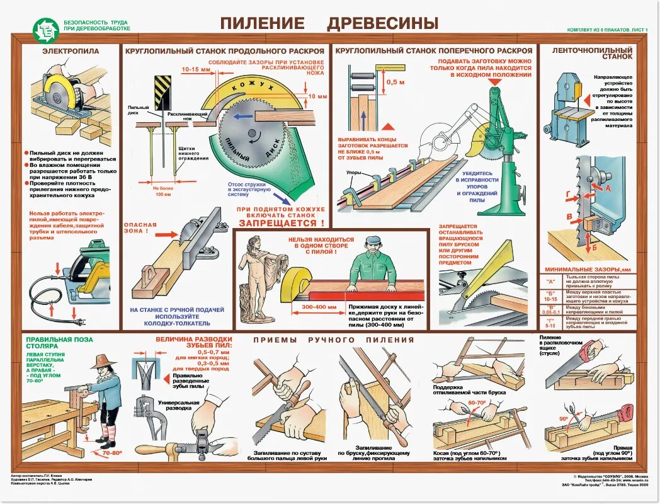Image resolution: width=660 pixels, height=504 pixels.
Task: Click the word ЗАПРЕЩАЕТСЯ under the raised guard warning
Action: (x=281, y=223)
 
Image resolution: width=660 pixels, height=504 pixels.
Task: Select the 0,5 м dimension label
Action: (x=395, y=82)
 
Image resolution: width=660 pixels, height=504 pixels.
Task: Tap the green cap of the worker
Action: (x=373, y=241)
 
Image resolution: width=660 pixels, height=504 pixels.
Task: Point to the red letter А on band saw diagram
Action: (x=607, y=188)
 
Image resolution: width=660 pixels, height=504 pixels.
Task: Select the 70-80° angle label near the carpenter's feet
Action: (x=112, y=452)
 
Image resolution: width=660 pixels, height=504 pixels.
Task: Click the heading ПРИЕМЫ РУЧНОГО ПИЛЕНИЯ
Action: (x=334, y=340)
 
